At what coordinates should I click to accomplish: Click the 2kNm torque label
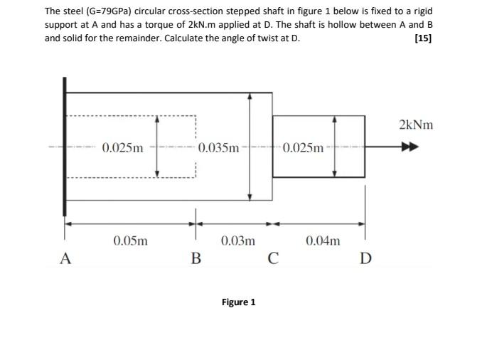[x=416, y=125]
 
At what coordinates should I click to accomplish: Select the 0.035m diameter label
[x=219, y=148]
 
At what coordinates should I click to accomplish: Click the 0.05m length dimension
[x=131, y=240]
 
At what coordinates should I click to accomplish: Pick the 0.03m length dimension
[x=237, y=240]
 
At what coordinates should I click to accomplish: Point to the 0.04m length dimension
[x=323, y=240]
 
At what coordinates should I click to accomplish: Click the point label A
[x=65, y=258]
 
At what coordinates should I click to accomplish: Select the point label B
[x=196, y=258]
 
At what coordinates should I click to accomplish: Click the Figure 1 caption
[x=238, y=302]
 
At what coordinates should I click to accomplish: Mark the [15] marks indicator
[x=422, y=38]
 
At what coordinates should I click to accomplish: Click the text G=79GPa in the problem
[x=104, y=12]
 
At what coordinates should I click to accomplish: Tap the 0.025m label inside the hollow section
[x=122, y=148]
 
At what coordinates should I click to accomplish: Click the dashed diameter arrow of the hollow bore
[x=157, y=148]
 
